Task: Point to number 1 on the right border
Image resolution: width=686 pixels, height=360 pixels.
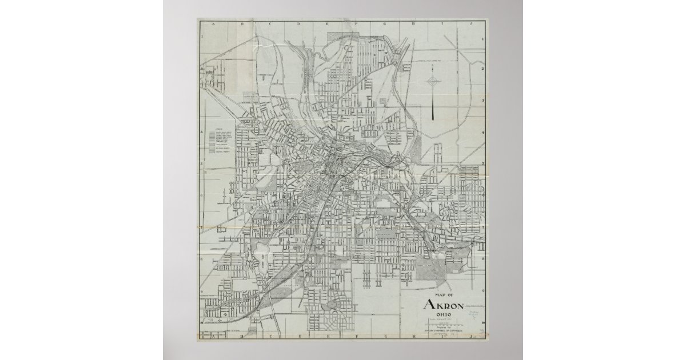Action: pyautogui.click(x=483, y=39)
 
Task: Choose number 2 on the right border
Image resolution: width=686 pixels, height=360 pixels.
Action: pyautogui.click(x=483, y=69)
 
